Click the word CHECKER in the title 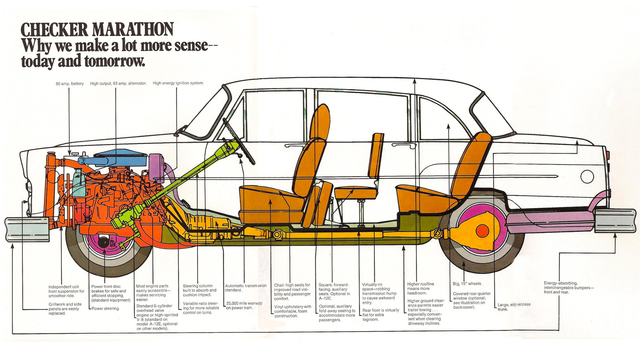(x=54, y=30)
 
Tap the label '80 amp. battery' (x=70, y=84)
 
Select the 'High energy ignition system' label (x=178, y=83)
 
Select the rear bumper (x=615, y=220)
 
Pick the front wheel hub (x=105, y=242)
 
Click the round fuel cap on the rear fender (x=587, y=176)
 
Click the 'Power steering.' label (x=106, y=308)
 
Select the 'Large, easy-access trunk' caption (x=514, y=307)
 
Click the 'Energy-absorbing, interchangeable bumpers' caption (x=568, y=288)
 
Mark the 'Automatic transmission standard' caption (x=246, y=288)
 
